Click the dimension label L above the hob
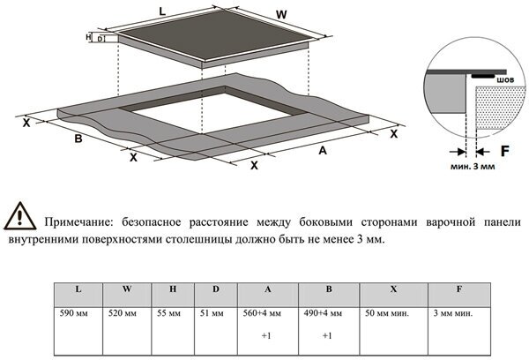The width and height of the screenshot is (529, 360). coord(162,11)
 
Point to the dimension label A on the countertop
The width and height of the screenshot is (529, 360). coord(324,151)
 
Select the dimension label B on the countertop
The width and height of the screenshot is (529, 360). coord(78,139)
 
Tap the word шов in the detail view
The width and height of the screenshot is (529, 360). coord(505,80)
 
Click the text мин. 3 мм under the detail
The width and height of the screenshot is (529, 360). coord(473,165)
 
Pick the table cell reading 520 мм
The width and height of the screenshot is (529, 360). coord(123,313)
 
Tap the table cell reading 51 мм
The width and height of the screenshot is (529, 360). coord(212,313)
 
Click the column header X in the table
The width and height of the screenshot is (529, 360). coord(392,290)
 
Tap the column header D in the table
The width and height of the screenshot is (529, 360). coord(216,290)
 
